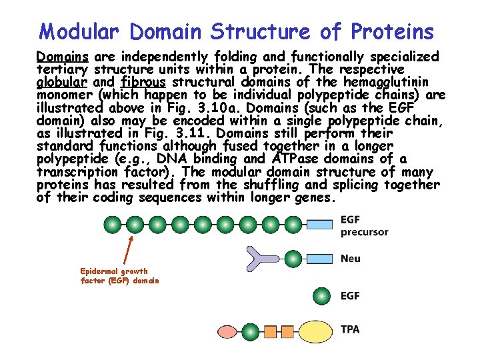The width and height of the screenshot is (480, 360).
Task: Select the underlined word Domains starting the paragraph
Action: click(63, 56)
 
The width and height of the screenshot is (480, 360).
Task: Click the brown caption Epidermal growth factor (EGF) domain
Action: click(119, 276)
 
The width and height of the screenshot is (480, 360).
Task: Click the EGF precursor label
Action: click(364, 225)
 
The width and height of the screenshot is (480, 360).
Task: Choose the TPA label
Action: click(350, 330)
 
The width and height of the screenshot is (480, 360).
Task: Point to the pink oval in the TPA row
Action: click(233, 330)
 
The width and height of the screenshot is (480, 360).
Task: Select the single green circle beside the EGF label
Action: click(321, 295)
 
